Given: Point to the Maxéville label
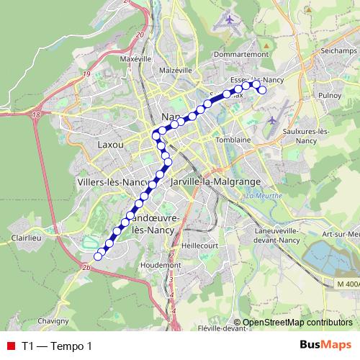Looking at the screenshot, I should pyautogui.click(x=138, y=58).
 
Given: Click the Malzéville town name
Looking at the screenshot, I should pyautogui.click(x=176, y=71).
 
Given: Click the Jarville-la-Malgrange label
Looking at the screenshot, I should pyautogui.click(x=215, y=183).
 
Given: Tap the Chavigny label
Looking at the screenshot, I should pyautogui.click(x=53, y=320).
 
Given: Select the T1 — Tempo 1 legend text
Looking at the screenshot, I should pyautogui.click(x=57, y=346).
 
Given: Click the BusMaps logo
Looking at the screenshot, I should pyautogui.click(x=325, y=346).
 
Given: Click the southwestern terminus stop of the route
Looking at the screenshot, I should pyautogui.click(x=98, y=256).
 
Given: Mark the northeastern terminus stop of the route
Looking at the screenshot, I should pyautogui.click(x=262, y=90).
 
